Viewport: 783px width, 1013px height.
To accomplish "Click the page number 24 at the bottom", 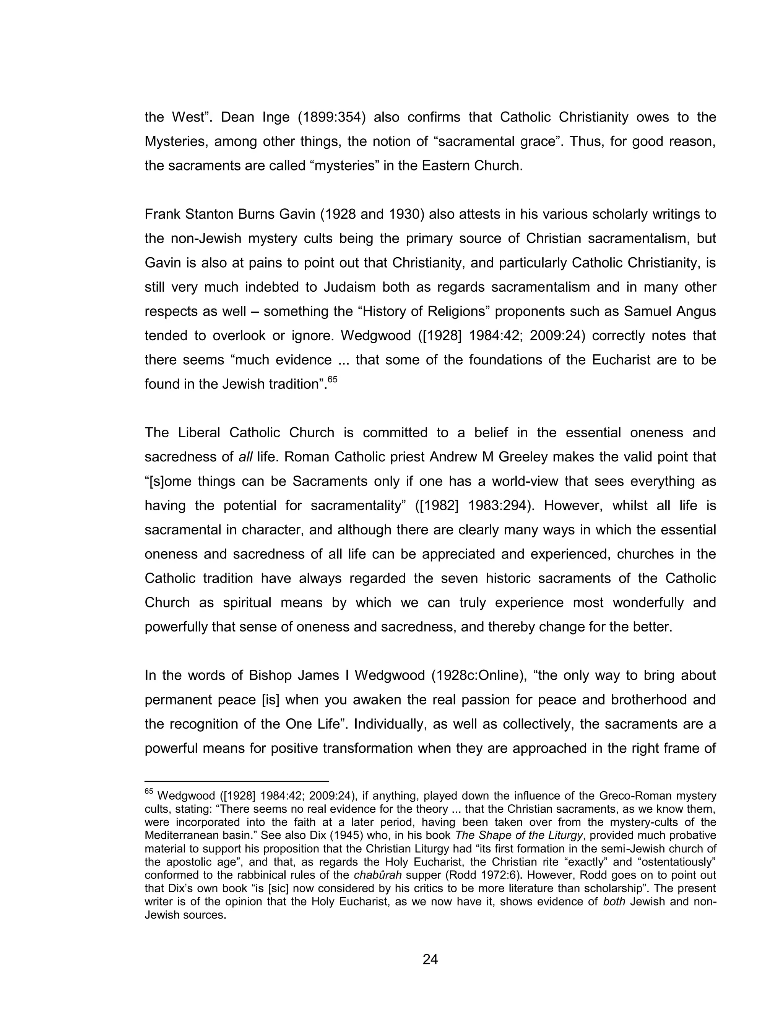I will [x=430, y=959].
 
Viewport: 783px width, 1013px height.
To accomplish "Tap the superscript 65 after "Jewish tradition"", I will [x=332, y=380].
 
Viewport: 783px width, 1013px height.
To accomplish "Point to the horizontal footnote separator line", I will [x=237, y=781].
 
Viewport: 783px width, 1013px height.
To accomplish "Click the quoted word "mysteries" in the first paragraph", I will [x=344, y=166].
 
